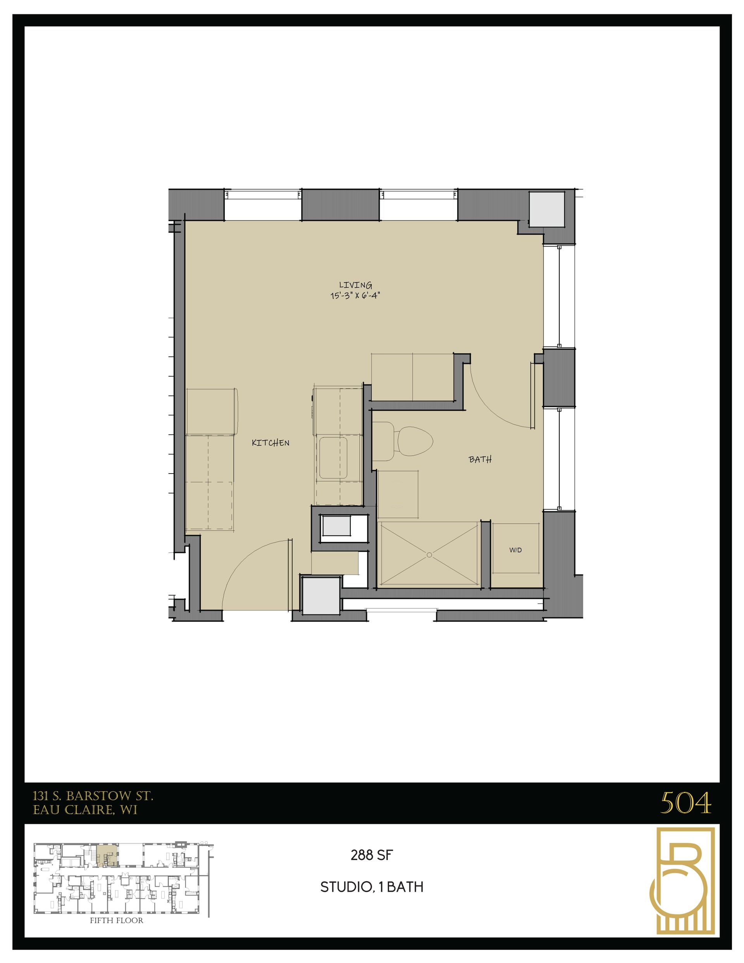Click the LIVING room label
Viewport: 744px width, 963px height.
[355, 285]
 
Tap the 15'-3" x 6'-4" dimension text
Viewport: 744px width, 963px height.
[355, 296]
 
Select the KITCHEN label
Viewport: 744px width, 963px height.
[270, 443]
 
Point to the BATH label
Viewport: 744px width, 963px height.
[480, 460]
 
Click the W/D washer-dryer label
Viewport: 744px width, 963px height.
[515, 550]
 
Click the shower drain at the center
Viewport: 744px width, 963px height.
[429, 556]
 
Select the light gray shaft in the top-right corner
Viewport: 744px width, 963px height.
[547, 209]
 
